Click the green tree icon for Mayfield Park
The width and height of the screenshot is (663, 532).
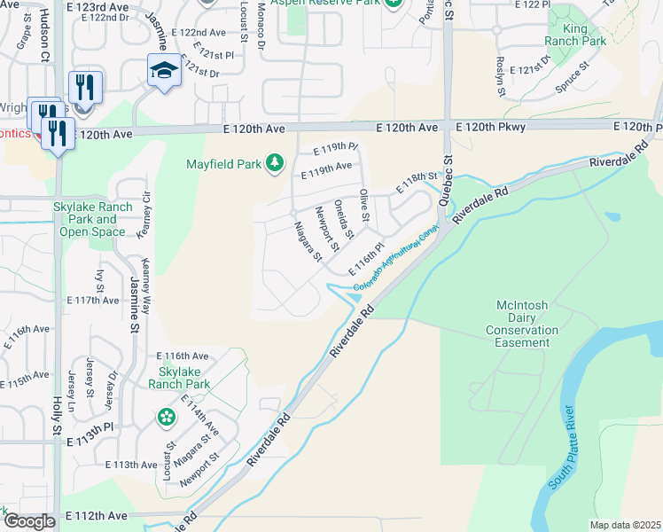click(275, 162)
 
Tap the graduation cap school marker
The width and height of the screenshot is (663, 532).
click(164, 70)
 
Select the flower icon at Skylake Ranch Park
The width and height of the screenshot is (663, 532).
click(166, 417)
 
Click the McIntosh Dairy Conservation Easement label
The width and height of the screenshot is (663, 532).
click(527, 324)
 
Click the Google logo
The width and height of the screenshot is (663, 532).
click(29, 520)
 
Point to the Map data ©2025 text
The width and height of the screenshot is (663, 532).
click(625, 525)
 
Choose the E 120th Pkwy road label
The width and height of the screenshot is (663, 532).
click(491, 128)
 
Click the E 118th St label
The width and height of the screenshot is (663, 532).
click(418, 178)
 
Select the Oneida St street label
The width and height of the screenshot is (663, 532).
click(344, 219)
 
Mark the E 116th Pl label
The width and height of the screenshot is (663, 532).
click(366, 258)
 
